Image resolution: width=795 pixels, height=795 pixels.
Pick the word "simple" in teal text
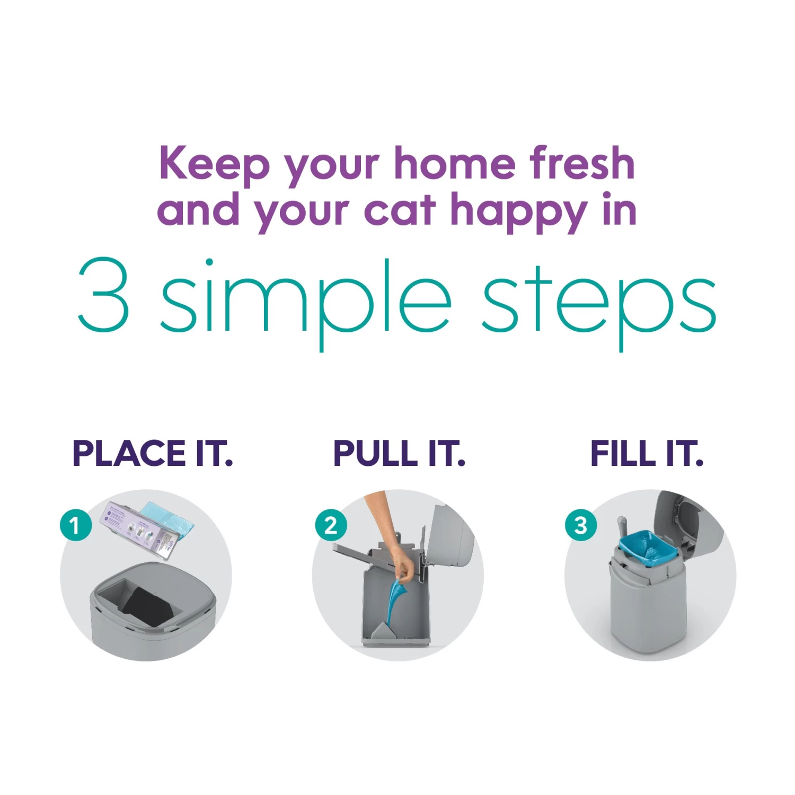tap(306, 304)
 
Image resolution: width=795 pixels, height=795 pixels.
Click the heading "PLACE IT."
tap(153, 454)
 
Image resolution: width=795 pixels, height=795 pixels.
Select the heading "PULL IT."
tap(399, 454)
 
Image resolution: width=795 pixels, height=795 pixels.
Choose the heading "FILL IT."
tap(647, 454)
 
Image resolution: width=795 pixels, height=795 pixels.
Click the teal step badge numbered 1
tap(75, 525)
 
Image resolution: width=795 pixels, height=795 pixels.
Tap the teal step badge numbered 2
tap(331, 525)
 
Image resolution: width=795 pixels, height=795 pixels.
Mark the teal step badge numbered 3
tap(581, 525)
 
